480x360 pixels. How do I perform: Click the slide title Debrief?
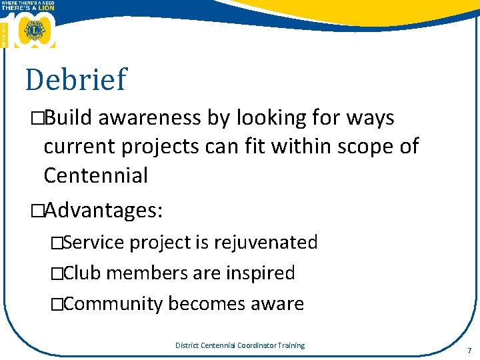click(75, 79)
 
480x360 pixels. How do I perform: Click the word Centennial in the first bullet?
click(95, 175)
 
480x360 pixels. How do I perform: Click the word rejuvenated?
click(265, 242)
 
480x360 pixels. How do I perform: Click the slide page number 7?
click(469, 350)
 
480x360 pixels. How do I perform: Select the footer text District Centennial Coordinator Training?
click(239, 345)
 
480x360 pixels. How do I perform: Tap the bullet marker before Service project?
click(57, 243)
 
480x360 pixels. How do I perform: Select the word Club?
click(83, 273)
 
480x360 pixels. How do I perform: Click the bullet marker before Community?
click(57, 305)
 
